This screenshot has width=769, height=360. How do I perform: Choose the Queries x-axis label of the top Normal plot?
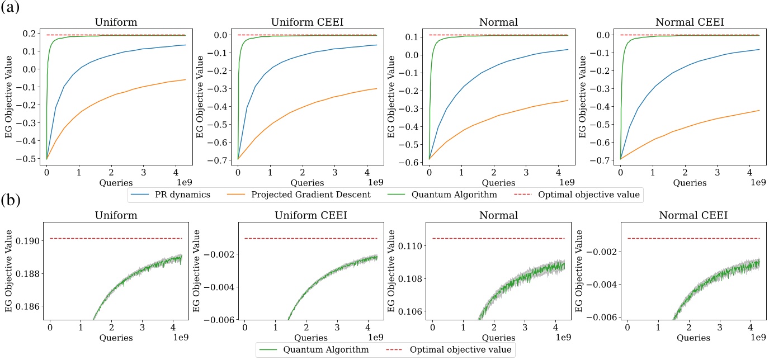point(498,182)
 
